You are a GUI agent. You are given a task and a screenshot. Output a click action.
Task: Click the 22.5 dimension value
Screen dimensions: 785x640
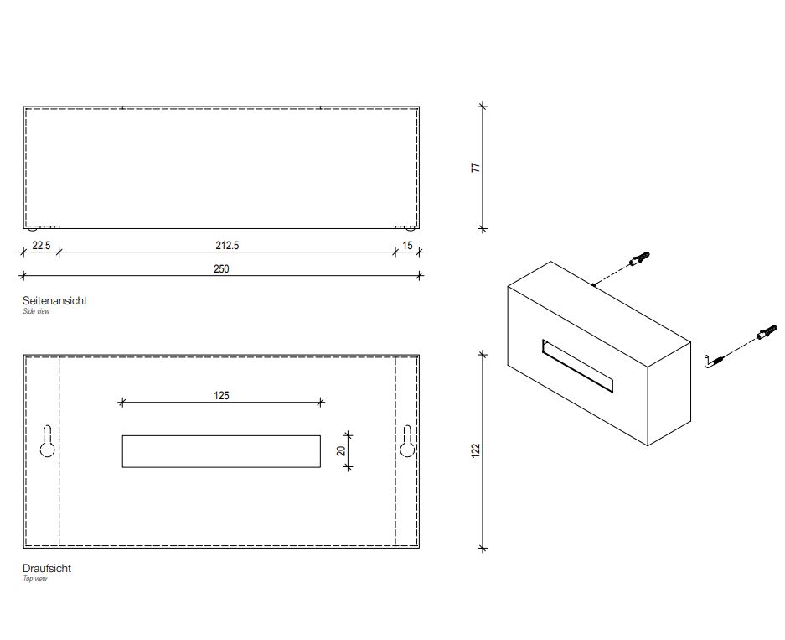tap(41, 246)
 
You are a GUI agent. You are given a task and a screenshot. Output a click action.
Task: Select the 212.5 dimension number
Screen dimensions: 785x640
tap(227, 246)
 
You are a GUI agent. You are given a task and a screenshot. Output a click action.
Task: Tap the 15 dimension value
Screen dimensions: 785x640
tap(407, 246)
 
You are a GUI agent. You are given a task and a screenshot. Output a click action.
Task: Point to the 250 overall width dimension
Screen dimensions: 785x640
tap(221, 269)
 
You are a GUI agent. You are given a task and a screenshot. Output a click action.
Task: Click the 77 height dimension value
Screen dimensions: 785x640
tap(476, 168)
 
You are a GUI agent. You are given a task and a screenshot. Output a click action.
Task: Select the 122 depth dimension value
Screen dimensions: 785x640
tap(476, 450)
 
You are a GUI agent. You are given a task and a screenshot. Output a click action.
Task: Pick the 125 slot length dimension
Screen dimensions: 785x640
tap(221, 396)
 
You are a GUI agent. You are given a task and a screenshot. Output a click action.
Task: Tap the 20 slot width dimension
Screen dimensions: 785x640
tap(342, 451)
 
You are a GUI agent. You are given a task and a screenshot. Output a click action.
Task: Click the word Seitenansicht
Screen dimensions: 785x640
tap(54, 300)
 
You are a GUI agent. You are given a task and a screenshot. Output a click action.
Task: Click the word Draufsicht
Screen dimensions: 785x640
tap(47, 569)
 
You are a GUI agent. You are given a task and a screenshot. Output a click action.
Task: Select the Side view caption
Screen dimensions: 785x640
tap(36, 311)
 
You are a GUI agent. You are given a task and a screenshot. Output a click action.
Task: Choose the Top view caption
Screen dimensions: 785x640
tap(35, 579)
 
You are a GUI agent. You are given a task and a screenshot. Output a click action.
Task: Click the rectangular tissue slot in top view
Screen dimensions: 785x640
tap(221, 451)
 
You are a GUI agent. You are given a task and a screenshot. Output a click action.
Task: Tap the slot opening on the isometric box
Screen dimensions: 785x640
tap(578, 367)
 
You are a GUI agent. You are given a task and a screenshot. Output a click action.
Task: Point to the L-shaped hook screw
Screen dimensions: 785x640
tap(714, 362)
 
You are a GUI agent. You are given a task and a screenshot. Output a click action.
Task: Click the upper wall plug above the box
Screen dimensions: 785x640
tap(639, 260)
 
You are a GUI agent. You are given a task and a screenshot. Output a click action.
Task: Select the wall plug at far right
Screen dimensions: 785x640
tap(767, 332)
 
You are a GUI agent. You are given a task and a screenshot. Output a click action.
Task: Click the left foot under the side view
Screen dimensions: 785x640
tap(33, 229)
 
